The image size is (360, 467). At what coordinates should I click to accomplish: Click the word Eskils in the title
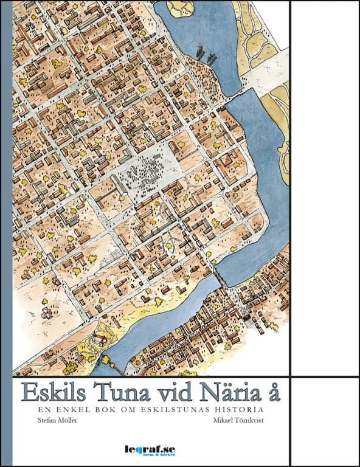point(55,392)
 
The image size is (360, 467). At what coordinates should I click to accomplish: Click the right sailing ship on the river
point(212,58)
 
